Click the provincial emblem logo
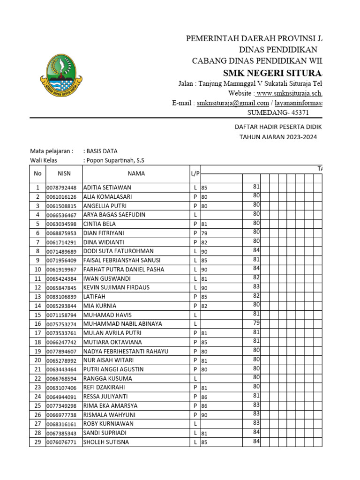pos(64,75)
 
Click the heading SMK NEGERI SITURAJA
pos(272,73)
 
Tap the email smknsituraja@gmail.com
pos(233,103)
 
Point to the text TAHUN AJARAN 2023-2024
pos(278,137)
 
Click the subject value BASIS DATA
pos(100,151)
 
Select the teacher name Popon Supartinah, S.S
pos(114,160)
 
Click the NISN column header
pos(64,173)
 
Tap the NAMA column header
pos(136,173)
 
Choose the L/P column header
pos(195,173)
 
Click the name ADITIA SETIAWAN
pos(107,187)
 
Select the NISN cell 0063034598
pos(64,224)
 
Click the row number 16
pos(37,324)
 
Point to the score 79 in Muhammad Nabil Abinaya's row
pos(256,323)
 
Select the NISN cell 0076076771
pos(64,442)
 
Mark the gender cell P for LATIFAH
pos(195,297)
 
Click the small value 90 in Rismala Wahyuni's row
pos(204,415)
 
